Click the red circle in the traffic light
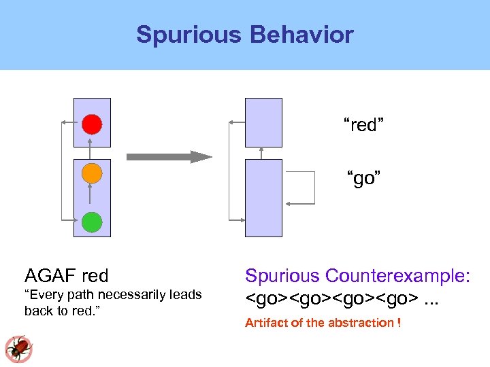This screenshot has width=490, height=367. click(x=92, y=124)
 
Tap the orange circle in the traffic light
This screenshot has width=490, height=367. click(x=92, y=173)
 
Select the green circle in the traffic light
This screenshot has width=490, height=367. click(x=92, y=222)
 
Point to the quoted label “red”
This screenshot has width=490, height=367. click(x=363, y=125)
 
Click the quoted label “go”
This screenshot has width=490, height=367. click(x=363, y=179)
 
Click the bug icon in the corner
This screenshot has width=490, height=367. click(x=18, y=348)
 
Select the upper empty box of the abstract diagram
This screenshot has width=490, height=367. click(x=263, y=122)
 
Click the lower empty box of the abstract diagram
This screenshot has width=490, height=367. click(x=263, y=198)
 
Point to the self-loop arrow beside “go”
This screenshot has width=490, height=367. click(x=314, y=188)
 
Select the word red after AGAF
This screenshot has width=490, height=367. click(x=95, y=276)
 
